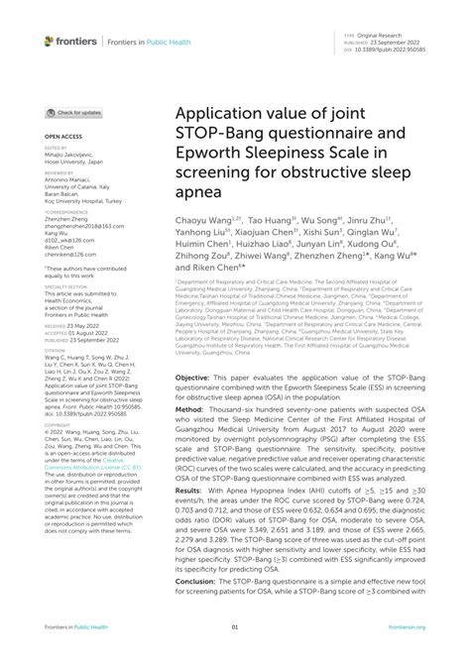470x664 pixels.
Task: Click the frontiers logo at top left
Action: point(70,41)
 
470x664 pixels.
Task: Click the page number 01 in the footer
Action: point(235,653)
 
